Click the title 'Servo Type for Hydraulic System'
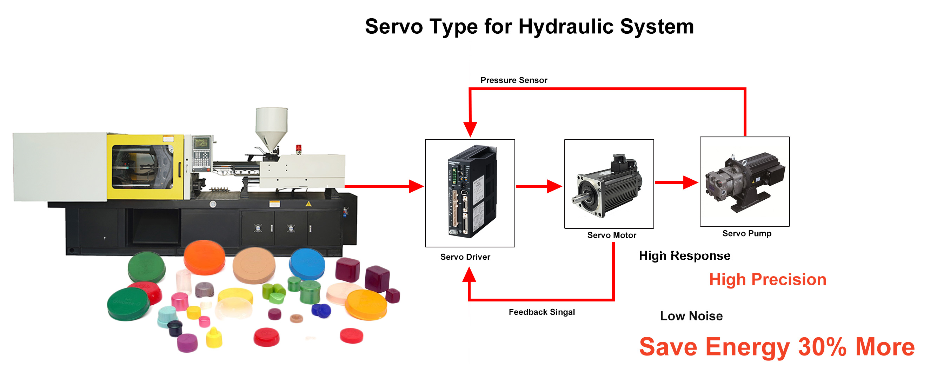pyautogui.click(x=529, y=27)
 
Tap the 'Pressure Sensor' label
pyautogui.click(x=513, y=80)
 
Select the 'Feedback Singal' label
pyautogui.click(x=541, y=312)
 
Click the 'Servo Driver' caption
pyautogui.click(x=465, y=257)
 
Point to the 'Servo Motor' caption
pyautogui.click(x=611, y=235)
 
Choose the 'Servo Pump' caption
pyautogui.click(x=746, y=233)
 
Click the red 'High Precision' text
pyautogui.click(x=767, y=279)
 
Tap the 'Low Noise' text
pyautogui.click(x=691, y=316)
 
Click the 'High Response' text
pyautogui.click(x=684, y=255)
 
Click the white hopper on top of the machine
pyautogui.click(x=272, y=125)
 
